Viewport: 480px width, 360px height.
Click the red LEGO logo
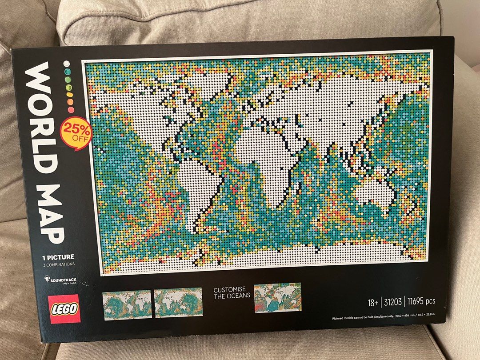(64, 308)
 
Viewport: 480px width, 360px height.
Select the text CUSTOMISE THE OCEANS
(232, 292)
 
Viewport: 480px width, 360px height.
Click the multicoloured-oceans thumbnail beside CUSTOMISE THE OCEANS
(277, 297)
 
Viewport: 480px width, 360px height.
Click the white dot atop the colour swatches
(67, 64)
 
